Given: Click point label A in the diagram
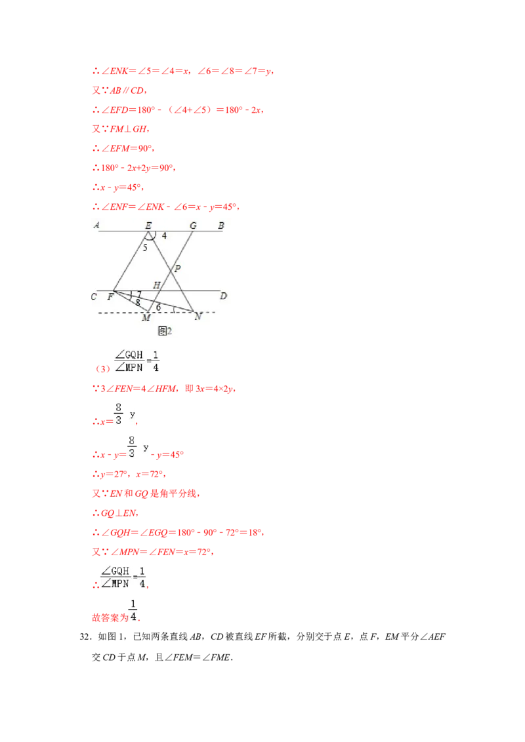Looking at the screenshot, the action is point(96,225).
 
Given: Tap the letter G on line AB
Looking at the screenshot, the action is point(194,225).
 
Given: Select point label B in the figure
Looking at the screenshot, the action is point(220,225).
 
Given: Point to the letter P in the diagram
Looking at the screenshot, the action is point(178,268).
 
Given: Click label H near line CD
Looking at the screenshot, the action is point(156,285).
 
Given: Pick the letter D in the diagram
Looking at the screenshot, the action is point(223,296).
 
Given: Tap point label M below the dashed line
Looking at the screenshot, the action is point(146,318).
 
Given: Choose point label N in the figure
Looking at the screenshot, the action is point(198,317).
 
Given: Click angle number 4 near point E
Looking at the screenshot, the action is point(164,235).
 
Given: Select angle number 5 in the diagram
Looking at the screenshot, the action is point(145,247).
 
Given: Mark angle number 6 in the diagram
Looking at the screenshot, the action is point(158,307).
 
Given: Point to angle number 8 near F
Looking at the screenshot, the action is point(138,302).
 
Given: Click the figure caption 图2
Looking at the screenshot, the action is point(165,331).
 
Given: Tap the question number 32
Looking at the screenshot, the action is point(85,636).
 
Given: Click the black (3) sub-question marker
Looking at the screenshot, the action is point(103,368).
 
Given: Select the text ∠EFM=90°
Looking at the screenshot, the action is point(128,148).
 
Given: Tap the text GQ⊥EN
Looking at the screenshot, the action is point(119,513).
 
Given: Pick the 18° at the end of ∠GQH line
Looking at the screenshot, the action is point(255,532).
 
